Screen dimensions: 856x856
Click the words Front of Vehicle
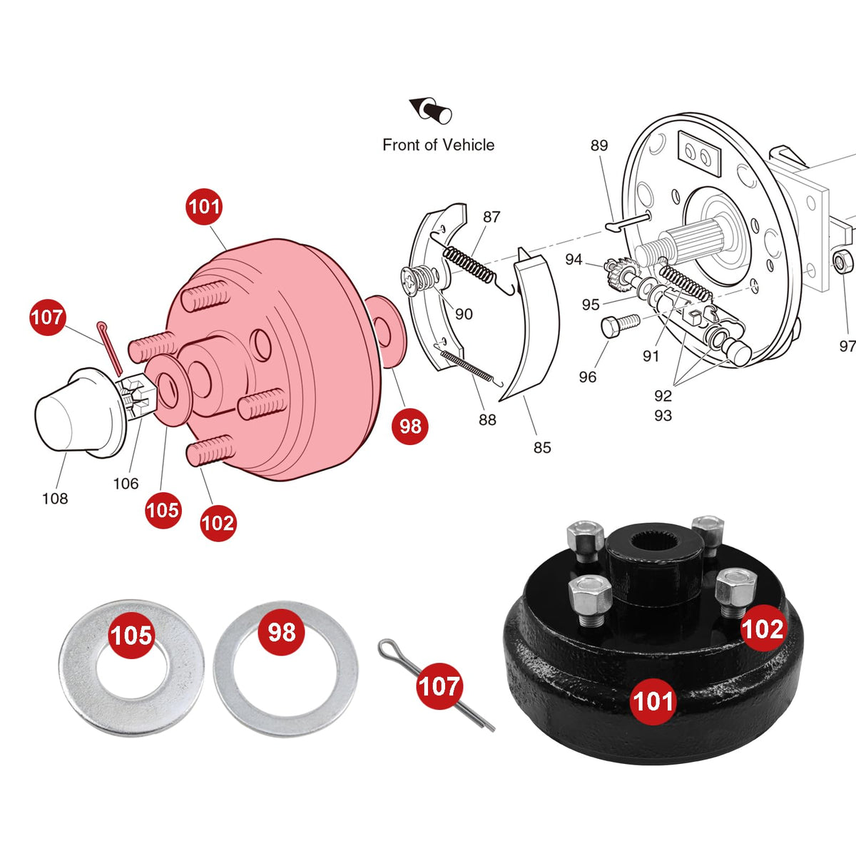439,145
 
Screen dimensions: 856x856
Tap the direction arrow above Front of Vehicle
430,110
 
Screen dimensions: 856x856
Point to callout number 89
598,146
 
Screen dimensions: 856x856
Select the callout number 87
491,217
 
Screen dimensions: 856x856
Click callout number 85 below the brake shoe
542,447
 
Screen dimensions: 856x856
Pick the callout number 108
55,499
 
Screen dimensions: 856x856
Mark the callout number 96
587,377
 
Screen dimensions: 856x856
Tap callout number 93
663,415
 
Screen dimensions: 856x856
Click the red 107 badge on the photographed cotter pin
439,686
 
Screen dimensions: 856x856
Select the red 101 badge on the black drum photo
653,702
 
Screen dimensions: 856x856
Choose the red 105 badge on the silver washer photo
131,636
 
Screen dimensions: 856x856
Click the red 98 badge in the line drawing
409,426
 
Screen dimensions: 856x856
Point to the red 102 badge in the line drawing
218,523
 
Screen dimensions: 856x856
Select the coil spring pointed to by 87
469,265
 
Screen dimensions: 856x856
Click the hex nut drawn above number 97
842,262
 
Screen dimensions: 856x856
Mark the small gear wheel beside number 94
621,273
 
